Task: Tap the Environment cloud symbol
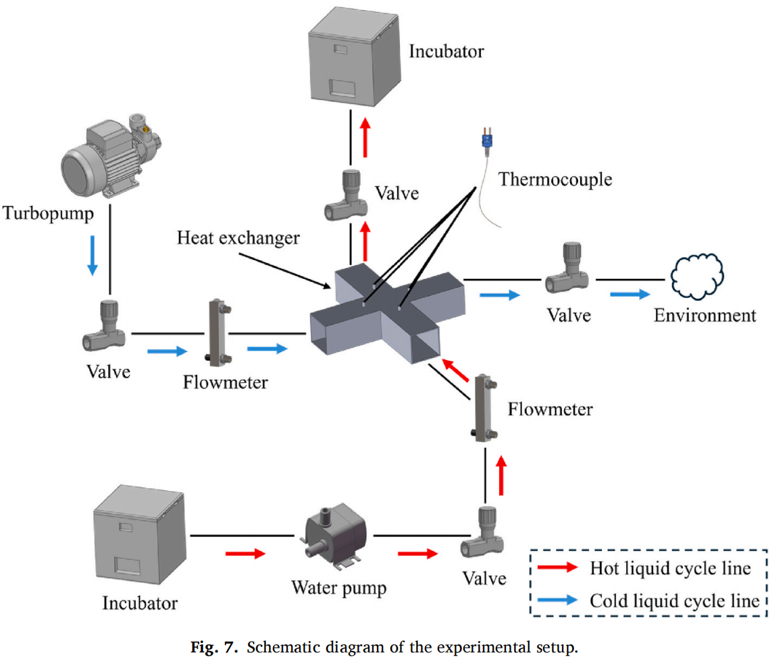(x=698, y=278)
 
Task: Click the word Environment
(x=705, y=315)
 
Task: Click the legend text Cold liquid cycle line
(x=675, y=600)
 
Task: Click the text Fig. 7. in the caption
(x=217, y=650)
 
